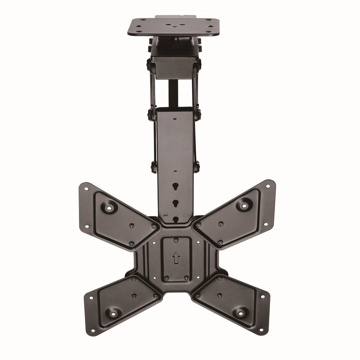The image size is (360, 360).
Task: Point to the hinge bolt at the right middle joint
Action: (x=198, y=114)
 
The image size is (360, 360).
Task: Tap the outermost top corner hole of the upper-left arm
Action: (x=86, y=189)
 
